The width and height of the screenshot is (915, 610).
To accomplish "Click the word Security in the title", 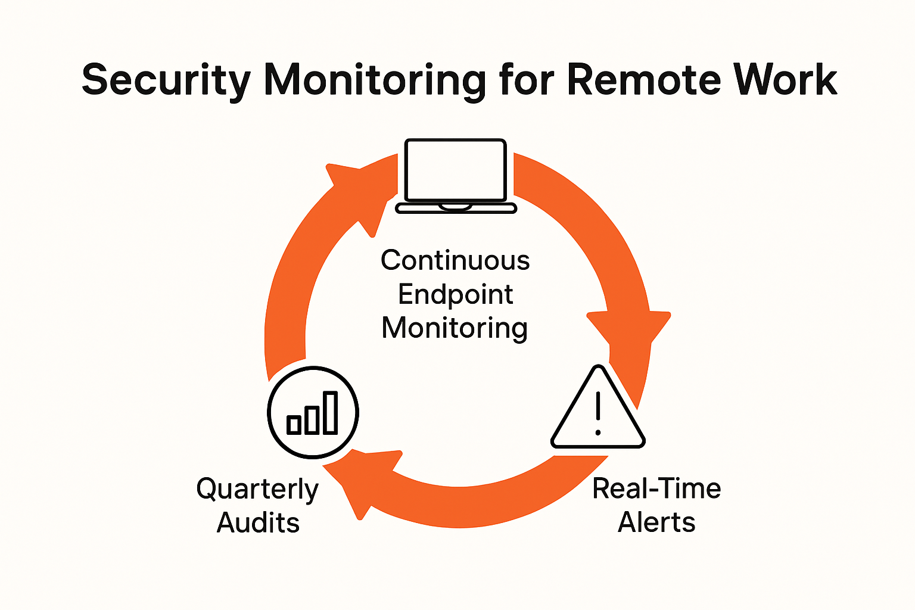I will (166, 80).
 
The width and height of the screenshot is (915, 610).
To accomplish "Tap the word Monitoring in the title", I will (375, 80).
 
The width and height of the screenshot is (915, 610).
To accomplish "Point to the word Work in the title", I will (786, 79).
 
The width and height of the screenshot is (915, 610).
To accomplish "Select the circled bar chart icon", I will (313, 412).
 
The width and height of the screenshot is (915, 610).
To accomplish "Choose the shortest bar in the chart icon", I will (294, 424).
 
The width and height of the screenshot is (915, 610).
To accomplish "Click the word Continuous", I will (455, 260).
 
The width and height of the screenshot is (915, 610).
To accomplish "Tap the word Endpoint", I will (455, 294).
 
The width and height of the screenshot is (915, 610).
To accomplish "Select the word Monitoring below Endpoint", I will (455, 328).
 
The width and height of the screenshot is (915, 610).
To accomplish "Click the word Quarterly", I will (257, 490).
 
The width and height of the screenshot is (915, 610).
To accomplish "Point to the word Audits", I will (258, 523).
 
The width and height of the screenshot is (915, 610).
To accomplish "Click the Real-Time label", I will (656, 489).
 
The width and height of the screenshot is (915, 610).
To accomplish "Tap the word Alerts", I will (656, 523).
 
